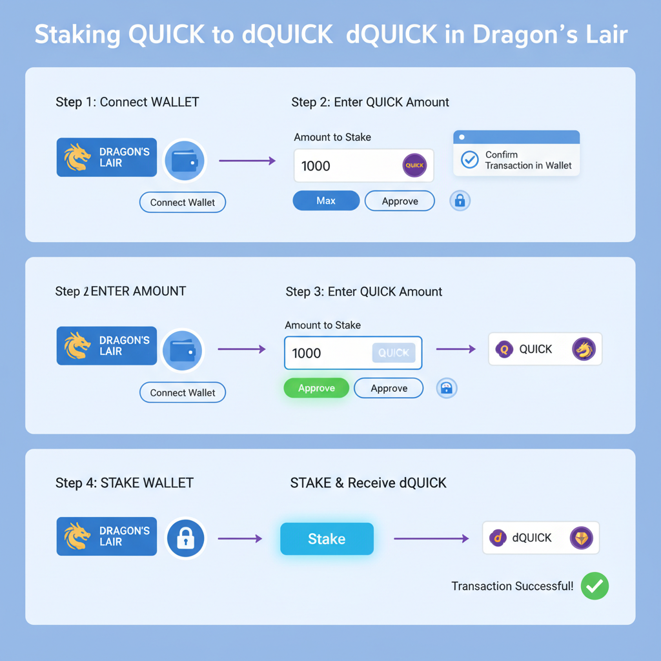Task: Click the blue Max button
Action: point(326,201)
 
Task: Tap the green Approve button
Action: point(316,388)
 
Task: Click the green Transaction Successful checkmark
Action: point(595,586)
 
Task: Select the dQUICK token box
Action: point(541,538)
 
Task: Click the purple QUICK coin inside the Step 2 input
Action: point(414,166)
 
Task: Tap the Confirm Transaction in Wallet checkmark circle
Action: point(470,159)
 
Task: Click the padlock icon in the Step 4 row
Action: point(186,538)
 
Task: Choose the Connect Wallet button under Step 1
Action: point(183,202)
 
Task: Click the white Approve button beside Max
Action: point(400,201)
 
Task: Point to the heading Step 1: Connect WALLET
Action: point(127,102)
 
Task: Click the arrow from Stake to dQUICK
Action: point(431,538)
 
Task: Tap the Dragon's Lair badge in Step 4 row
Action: point(107,536)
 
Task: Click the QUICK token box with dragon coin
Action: point(545,349)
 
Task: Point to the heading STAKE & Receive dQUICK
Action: point(368,483)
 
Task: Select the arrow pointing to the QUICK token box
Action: point(455,349)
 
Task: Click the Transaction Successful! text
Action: point(512,586)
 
